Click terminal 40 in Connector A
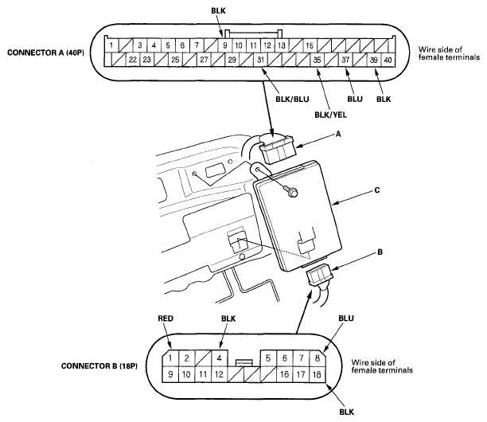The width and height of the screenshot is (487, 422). click(388, 61)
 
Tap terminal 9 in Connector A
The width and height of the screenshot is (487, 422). click(226, 46)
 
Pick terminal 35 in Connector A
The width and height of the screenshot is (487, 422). click(317, 61)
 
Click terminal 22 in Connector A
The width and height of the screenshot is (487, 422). click(132, 61)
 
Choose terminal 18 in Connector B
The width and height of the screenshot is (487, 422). click(317, 373)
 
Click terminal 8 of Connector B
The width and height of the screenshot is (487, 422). click(317, 358)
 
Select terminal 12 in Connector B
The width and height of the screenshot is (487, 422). click(219, 373)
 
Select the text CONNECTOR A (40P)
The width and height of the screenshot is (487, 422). click(48, 53)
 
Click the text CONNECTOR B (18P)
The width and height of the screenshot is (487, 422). click(99, 366)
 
